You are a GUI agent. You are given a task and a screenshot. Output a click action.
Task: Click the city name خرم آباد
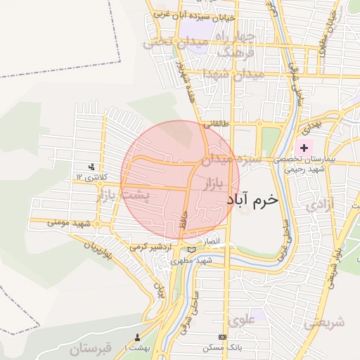(252, 200)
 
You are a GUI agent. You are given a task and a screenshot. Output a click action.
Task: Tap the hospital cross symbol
(304, 148)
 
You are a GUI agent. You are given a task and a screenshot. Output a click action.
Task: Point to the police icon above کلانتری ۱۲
(91, 167)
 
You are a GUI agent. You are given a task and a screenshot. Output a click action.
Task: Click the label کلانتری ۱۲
(90, 177)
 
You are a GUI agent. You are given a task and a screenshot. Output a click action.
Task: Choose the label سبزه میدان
(231, 160)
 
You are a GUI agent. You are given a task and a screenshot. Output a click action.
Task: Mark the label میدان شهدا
(233, 74)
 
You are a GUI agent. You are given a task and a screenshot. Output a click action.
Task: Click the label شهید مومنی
(71, 222)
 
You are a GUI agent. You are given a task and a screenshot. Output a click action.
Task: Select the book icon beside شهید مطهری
(191, 249)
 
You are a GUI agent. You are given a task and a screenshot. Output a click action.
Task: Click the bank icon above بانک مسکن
(223, 337)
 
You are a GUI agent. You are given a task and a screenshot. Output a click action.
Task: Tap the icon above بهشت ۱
(137, 337)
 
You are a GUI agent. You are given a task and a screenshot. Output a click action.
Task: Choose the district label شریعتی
(325, 323)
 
